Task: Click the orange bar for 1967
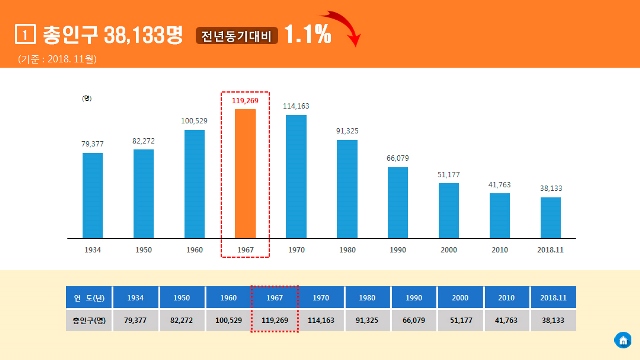[x=245, y=173]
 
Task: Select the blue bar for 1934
[x=92, y=195]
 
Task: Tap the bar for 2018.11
[x=550, y=217]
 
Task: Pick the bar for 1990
[x=398, y=202]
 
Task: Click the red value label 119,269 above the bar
[x=245, y=100]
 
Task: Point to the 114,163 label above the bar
[x=296, y=105]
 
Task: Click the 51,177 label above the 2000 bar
[x=449, y=174]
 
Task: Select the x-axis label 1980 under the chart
[x=347, y=250]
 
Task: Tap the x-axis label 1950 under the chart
[x=143, y=250]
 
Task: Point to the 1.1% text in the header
[x=307, y=34]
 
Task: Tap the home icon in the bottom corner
[x=622, y=338]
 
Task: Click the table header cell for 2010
[x=507, y=297]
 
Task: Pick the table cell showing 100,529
[x=228, y=320]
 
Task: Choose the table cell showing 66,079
[x=414, y=320]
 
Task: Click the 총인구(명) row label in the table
[x=88, y=320]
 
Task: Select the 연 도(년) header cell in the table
[x=88, y=297]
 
